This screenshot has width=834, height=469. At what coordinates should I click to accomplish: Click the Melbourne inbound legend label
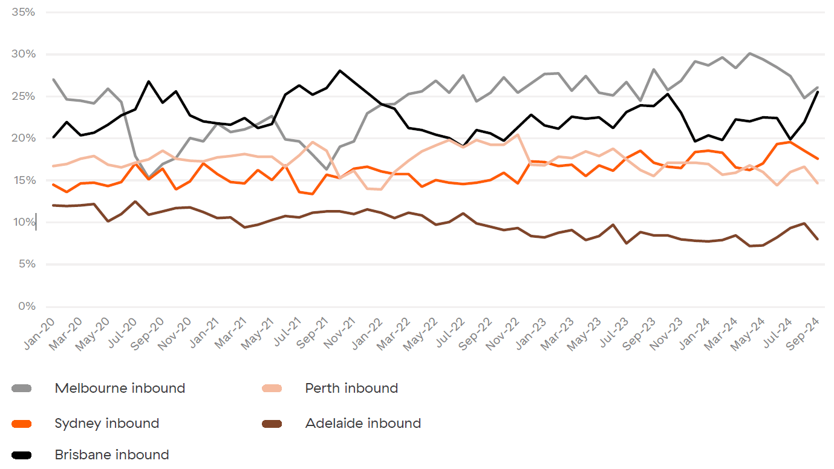click(x=120, y=389)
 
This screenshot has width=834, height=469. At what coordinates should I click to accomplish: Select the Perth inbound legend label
click(x=351, y=389)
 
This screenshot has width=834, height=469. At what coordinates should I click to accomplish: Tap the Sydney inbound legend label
click(x=107, y=424)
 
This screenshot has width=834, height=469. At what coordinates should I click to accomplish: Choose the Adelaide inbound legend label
click(x=363, y=424)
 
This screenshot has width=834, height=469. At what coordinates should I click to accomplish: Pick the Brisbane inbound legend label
click(x=112, y=455)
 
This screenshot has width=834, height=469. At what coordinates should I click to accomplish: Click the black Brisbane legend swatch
click(x=22, y=455)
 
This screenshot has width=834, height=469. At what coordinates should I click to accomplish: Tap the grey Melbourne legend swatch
click(x=22, y=389)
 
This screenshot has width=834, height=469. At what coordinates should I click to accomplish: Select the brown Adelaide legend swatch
click(x=272, y=424)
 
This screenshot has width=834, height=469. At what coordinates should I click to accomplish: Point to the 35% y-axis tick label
click(x=24, y=12)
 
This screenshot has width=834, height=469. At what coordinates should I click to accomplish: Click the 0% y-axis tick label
click(x=27, y=307)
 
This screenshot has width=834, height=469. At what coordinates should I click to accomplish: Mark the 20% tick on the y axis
click(x=24, y=139)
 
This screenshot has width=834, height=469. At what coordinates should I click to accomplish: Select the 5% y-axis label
click(x=27, y=264)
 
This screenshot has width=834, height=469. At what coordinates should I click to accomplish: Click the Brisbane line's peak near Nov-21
click(x=340, y=71)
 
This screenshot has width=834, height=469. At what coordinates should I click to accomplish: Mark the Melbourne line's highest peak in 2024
click(x=750, y=53)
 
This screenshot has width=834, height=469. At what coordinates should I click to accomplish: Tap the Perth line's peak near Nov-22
click(x=518, y=134)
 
